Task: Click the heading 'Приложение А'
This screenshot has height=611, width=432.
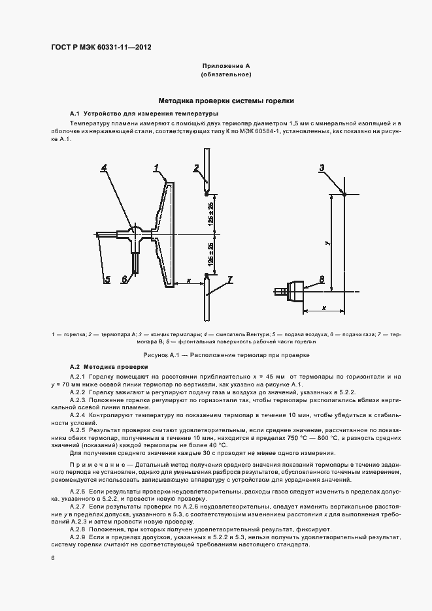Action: click(225, 66)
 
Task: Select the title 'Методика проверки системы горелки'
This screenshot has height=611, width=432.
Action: click(225, 101)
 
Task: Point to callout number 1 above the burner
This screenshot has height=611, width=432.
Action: click(157, 168)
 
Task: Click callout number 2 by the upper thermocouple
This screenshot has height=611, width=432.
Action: click(196, 168)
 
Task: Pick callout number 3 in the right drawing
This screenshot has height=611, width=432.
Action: click(322, 168)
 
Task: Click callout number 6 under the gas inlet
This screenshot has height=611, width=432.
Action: click(124, 280)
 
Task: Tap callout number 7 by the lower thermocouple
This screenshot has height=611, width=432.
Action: click(229, 280)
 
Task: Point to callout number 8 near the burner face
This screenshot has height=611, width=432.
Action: click(321, 279)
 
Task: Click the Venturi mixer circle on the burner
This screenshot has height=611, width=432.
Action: click(136, 230)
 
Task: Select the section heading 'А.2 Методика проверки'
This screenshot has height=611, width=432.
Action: click(103, 367)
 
